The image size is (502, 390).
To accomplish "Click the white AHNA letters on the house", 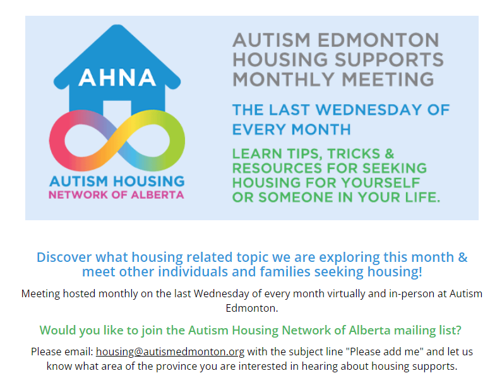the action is [117, 78].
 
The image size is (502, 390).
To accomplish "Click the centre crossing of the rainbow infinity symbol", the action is [117, 139].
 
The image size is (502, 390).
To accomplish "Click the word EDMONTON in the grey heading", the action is [378, 40].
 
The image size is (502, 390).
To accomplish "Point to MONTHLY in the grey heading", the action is [284, 80].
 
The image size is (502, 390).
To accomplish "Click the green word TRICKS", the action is [354, 153].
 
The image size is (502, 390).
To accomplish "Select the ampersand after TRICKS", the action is [390, 153].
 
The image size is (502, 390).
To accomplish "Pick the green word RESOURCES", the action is [277, 168].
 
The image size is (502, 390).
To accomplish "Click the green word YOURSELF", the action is [381, 182].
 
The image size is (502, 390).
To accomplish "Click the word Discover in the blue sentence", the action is [64, 257].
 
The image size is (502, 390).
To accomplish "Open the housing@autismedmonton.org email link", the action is [170, 352].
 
